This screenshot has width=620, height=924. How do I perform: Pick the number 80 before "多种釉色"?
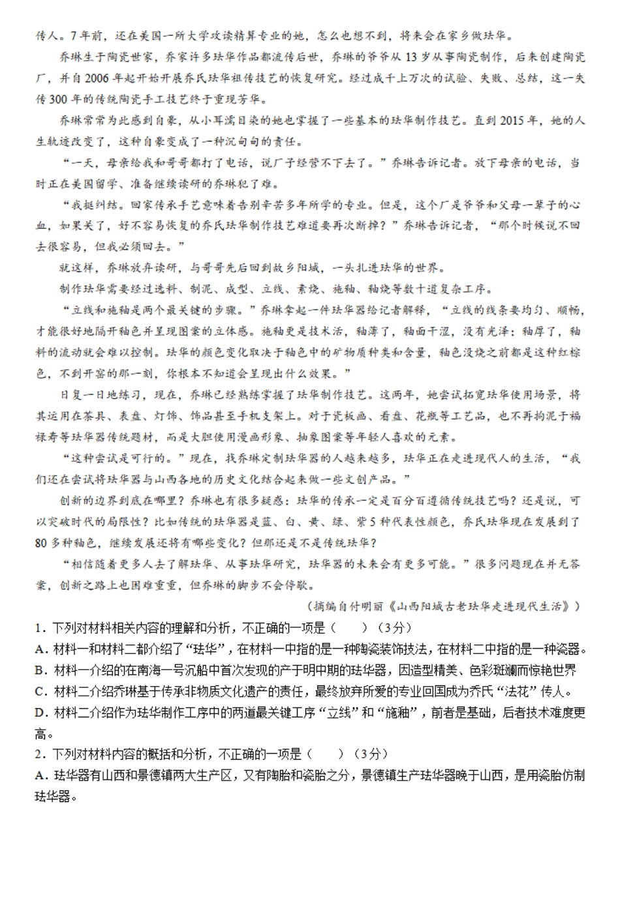[42, 543]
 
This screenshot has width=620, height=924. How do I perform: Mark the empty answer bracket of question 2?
[325, 754]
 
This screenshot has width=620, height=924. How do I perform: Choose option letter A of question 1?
[40, 649]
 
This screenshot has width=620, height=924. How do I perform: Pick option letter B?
[40, 670]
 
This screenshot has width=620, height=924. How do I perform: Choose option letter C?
[40, 692]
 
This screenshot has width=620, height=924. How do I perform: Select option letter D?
[40, 713]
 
